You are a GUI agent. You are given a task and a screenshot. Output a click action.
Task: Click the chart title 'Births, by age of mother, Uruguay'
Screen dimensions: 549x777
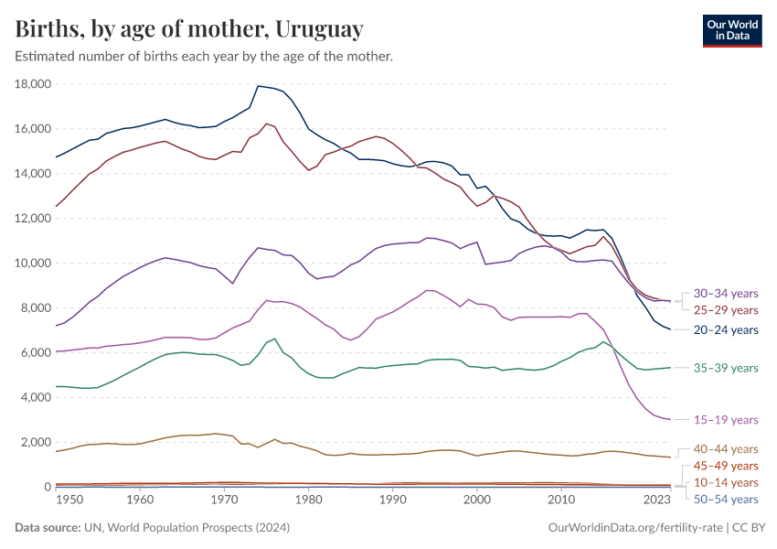click(189, 29)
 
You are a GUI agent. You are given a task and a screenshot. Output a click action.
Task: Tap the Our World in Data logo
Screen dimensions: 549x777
click(731, 29)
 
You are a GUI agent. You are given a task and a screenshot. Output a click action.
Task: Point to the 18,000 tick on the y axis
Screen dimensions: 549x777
click(33, 84)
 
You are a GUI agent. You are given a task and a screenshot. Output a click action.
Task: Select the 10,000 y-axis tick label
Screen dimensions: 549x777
click(33, 264)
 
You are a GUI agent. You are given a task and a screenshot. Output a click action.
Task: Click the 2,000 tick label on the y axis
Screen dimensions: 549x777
click(37, 443)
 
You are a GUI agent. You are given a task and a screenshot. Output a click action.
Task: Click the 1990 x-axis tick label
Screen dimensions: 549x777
click(392, 501)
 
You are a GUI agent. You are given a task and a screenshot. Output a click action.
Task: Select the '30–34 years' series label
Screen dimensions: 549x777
click(726, 294)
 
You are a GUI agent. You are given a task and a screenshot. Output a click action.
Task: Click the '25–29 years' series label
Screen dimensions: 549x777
click(726, 311)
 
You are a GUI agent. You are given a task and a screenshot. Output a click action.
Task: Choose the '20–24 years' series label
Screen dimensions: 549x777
click(726, 329)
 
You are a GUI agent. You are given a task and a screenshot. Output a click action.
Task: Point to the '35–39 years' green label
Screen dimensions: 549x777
click(726, 368)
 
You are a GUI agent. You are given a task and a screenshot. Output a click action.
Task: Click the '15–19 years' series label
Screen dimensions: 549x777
click(726, 420)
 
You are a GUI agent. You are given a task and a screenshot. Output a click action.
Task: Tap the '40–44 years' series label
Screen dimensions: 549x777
click(726, 449)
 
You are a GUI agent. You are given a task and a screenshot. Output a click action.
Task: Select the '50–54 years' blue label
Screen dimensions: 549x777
click(726, 500)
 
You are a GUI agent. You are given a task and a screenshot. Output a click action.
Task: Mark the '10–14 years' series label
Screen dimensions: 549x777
click(726, 482)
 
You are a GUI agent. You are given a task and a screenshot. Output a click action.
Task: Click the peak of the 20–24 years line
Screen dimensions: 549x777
click(259, 86)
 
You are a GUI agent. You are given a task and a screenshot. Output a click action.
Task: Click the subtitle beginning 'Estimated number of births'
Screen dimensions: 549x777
click(204, 57)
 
